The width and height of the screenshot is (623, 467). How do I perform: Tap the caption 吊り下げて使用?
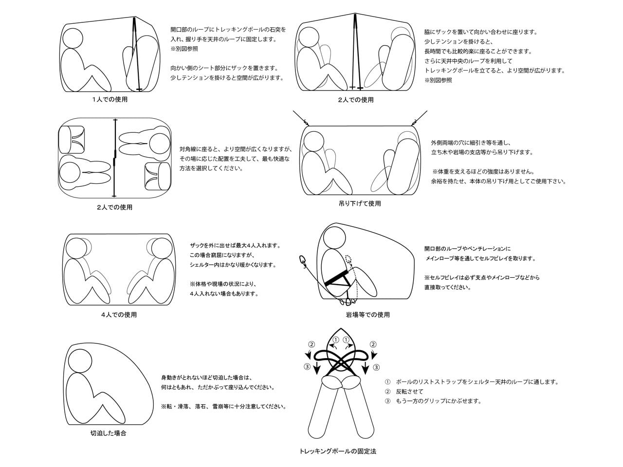coord(360,203)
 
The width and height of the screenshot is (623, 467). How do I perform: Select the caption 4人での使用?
coord(119,314)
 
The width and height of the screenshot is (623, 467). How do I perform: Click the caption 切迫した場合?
coord(108,433)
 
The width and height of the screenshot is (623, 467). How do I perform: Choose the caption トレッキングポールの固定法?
coord(338,451)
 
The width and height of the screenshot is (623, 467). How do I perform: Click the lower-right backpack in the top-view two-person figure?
coord(157,177)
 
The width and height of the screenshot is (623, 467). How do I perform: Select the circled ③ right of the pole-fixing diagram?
coord(376,367)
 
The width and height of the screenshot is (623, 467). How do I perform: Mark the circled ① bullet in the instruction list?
coord(387,382)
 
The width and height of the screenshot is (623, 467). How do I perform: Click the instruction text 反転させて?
coord(410,392)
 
